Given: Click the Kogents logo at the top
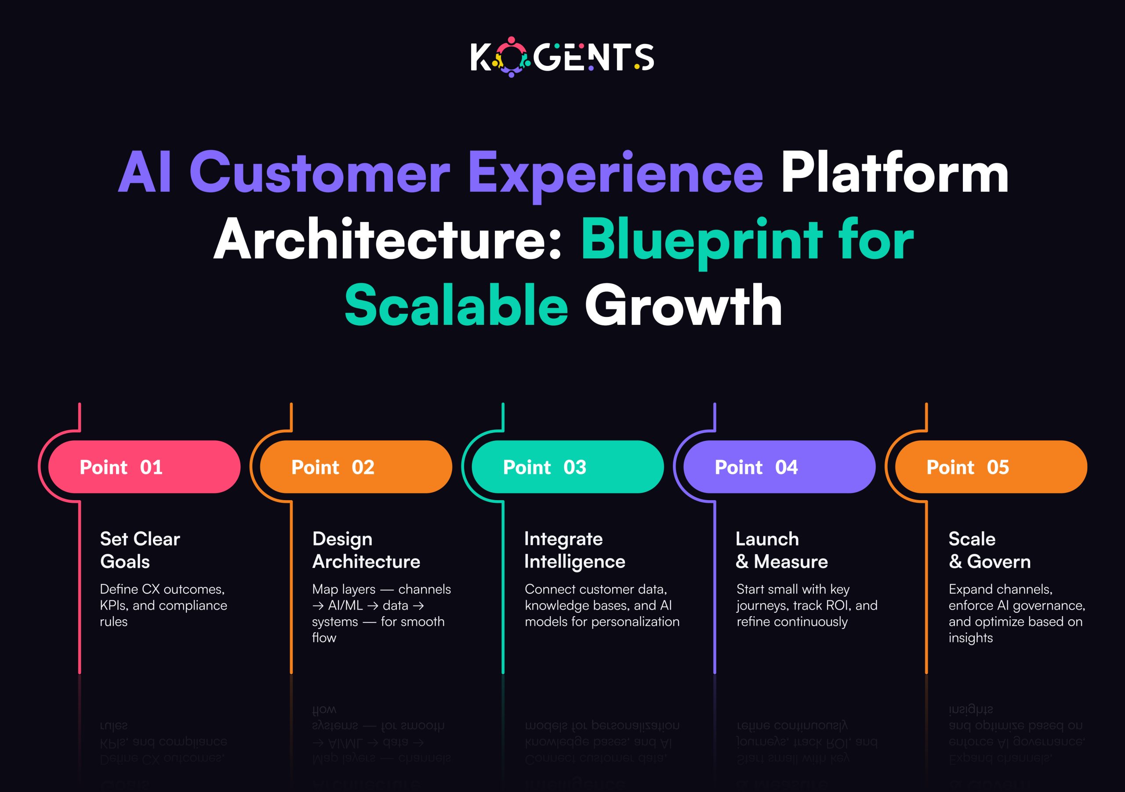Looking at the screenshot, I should click(562, 57).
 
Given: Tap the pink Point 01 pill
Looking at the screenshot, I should click(144, 467).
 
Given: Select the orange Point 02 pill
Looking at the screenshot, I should click(355, 467).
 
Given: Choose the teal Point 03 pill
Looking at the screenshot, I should click(567, 467).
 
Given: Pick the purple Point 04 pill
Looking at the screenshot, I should click(779, 467).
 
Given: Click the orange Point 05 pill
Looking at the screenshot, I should click(990, 467).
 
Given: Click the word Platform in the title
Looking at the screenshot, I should click(894, 173).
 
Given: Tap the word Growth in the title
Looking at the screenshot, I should click(683, 306).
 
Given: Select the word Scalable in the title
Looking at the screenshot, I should click(456, 306).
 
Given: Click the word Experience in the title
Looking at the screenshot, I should click(615, 173).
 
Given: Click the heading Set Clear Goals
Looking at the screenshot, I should click(140, 550).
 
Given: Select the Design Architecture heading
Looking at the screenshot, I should click(366, 550).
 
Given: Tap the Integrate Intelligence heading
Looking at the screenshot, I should click(574, 550).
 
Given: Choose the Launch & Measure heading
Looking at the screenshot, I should click(781, 550).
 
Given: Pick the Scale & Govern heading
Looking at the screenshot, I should click(989, 550).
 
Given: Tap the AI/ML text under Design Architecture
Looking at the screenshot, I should click(345, 606).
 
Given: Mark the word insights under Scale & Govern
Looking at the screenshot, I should click(970, 638).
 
